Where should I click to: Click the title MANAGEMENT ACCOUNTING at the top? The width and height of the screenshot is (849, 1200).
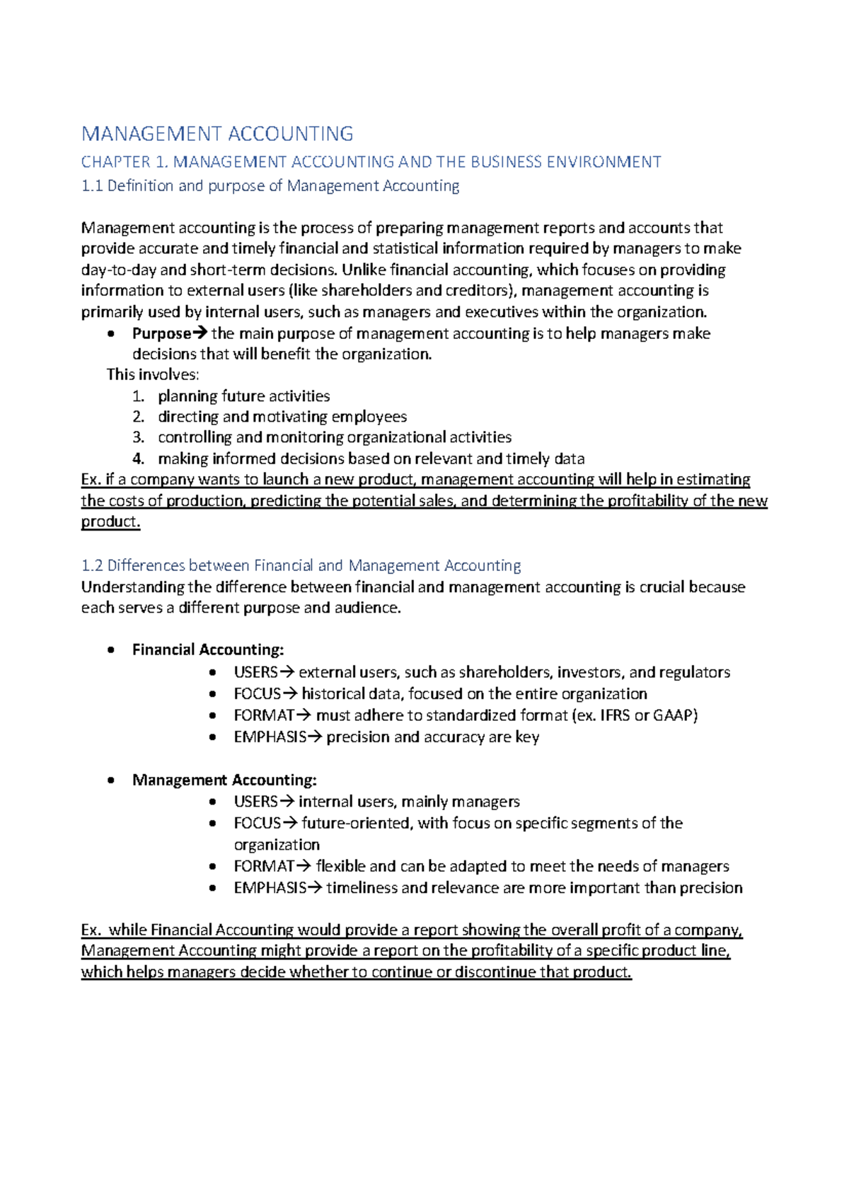point(217,134)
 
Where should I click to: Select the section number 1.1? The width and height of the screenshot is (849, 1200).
point(92,186)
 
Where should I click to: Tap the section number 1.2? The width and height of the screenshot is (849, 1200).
point(92,565)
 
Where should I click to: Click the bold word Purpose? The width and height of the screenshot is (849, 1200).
point(162,333)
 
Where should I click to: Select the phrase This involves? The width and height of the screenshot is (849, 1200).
point(153,374)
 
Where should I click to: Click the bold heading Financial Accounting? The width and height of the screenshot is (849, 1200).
point(208,650)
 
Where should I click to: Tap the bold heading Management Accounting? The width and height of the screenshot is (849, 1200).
point(224,780)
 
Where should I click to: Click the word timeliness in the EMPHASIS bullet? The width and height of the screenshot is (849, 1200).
point(361,888)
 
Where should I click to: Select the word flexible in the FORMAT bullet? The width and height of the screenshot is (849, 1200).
point(340,866)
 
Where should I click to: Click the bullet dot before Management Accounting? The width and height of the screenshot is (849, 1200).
point(110,780)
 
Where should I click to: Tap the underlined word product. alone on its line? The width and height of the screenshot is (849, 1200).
point(110,521)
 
